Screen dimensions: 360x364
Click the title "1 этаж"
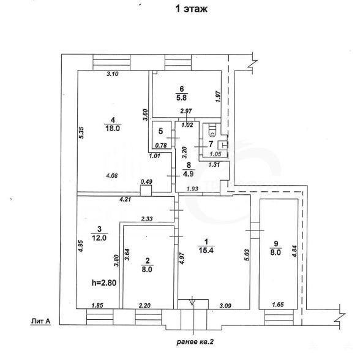tap(192, 9)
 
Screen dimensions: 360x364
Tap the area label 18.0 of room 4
tap(113, 128)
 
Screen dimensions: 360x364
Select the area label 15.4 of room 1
tap(206, 250)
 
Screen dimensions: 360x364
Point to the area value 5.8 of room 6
tap(181, 97)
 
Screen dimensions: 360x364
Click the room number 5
tap(161, 131)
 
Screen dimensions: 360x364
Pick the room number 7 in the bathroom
tap(211, 144)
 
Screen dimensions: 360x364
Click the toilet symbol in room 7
tap(212, 130)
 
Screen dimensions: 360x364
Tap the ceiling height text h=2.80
tap(104, 282)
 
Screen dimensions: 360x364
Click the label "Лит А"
tap(40, 321)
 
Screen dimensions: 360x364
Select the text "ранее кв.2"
tap(195, 342)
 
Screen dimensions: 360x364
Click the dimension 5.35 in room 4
tap(81, 133)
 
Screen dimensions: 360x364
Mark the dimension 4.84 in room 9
tap(294, 251)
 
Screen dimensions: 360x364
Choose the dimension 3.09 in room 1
tap(225, 306)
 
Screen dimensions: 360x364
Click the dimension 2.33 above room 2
tap(147, 219)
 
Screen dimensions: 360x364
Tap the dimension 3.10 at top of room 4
tap(113, 74)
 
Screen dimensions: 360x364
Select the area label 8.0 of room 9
tap(276, 252)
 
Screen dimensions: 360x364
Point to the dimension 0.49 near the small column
tap(146, 182)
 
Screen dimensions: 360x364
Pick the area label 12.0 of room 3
tap(99, 238)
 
